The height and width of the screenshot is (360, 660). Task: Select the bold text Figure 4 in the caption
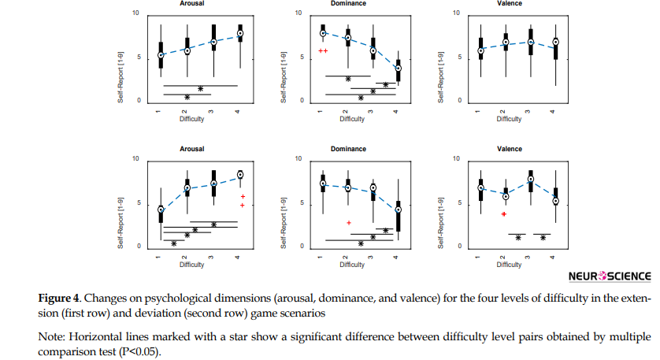pos(58,299)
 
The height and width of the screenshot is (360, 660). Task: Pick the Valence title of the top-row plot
pos(509,4)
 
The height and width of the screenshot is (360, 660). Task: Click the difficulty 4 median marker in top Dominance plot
pos(398,68)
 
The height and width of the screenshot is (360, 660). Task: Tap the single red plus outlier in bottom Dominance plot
pos(349,223)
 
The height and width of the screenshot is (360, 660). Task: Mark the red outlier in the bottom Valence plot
pos(504,213)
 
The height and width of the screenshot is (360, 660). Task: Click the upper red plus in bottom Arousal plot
pos(243,196)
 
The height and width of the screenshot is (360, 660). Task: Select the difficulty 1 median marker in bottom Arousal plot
pos(161,210)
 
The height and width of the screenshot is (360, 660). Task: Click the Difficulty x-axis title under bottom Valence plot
pos(508,265)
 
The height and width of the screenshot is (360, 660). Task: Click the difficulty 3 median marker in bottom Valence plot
pos(531,180)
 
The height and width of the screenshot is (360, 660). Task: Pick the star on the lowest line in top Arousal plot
pos(187,97)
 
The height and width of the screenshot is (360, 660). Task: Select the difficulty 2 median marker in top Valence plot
pos(506,43)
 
